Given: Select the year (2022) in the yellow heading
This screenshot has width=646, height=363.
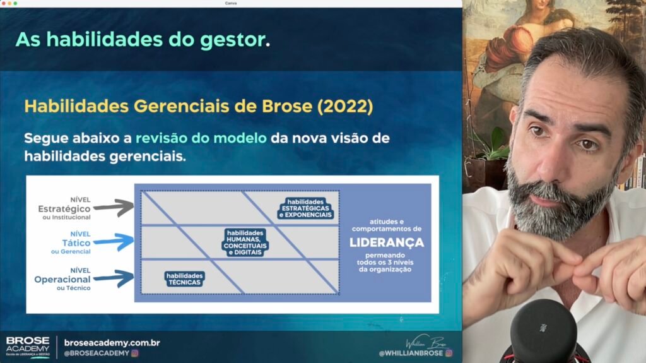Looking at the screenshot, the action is pyautogui.click(x=345, y=107).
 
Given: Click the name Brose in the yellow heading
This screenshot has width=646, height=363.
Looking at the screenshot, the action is pyautogui.click(x=287, y=106).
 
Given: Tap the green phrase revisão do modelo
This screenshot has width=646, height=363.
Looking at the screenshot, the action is pyautogui.click(x=201, y=138).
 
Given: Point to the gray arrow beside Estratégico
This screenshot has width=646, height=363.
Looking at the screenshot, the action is pyautogui.click(x=114, y=208).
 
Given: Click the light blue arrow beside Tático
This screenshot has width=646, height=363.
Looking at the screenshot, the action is pyautogui.click(x=114, y=242).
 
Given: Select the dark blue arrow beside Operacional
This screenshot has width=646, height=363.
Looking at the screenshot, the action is pyautogui.click(x=114, y=278).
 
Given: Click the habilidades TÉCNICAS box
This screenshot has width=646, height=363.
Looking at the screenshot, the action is pyautogui.click(x=185, y=279).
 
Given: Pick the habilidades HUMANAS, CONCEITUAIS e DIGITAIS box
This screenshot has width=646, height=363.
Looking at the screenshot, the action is pyautogui.click(x=245, y=242).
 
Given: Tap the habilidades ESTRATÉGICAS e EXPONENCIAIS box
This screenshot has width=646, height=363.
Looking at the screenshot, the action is pyautogui.click(x=305, y=208).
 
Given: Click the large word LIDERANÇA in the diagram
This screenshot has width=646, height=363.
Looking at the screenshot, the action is pyautogui.click(x=387, y=242).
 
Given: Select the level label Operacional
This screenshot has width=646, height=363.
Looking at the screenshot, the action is pyautogui.click(x=62, y=279).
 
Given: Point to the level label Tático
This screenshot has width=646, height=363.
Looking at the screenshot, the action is pyautogui.click(x=76, y=243).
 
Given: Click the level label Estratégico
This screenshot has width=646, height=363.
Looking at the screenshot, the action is pyautogui.click(x=64, y=209).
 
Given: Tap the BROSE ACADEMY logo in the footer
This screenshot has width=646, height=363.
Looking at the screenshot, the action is pyautogui.click(x=28, y=347).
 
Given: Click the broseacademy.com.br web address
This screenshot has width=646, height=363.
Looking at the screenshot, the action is pyautogui.click(x=112, y=343).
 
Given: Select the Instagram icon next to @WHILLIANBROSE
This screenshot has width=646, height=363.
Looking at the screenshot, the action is pyautogui.click(x=449, y=353).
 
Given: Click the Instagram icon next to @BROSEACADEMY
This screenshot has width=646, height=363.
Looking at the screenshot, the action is pyautogui.click(x=135, y=353).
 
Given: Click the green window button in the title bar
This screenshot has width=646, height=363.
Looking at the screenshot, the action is pyautogui.click(x=15, y=3).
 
